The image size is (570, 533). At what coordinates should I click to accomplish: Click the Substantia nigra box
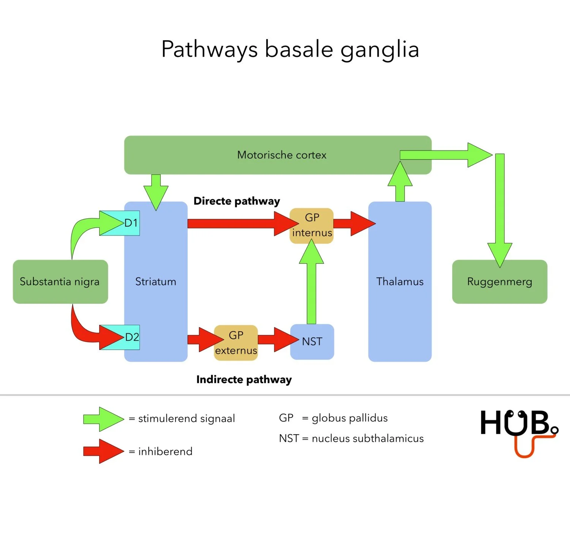coord(60,282)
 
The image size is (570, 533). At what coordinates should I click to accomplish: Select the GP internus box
coord(312,225)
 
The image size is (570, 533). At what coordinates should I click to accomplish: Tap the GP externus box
coord(236,343)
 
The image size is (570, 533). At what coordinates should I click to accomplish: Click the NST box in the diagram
coord(312,342)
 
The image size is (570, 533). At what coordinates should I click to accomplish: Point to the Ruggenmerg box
coord(499,282)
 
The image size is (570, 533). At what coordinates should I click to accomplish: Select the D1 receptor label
coord(131,223)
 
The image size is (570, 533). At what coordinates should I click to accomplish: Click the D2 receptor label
coord(132,337)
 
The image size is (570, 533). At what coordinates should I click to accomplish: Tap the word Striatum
coord(156,282)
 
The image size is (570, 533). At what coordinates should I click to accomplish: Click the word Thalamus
coord(400,282)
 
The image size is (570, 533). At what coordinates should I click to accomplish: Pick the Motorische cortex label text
coord(282,155)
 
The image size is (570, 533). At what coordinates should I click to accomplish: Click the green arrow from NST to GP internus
coord(312,285)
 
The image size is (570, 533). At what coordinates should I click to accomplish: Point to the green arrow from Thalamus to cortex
coord(400,182)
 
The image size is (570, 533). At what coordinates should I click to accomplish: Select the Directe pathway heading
coord(237,201)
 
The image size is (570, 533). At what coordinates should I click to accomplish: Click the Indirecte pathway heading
coord(244,380)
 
